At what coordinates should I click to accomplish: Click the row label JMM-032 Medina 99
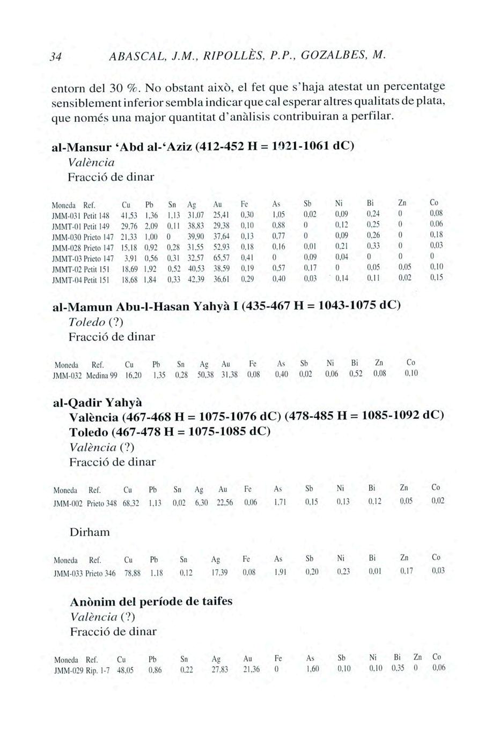click(85, 374)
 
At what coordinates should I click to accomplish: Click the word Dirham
click(90, 533)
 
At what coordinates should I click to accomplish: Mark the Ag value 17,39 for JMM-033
click(220, 572)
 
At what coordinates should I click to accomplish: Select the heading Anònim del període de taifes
click(151, 601)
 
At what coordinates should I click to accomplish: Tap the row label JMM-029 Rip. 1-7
click(82, 669)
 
